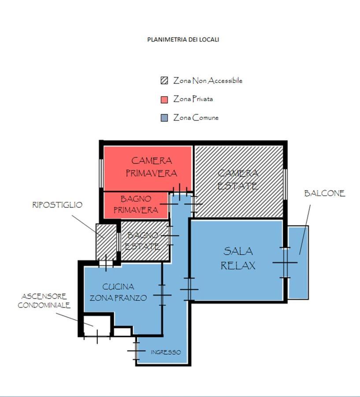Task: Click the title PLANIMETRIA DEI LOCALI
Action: (183, 40)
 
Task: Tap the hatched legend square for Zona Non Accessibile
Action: (164, 81)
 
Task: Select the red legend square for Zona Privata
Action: (164, 100)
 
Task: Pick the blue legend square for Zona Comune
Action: (164, 118)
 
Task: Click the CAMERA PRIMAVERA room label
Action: (151, 167)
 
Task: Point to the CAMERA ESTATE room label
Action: (238, 180)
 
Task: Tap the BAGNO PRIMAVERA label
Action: (136, 204)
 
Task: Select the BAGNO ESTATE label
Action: (143, 241)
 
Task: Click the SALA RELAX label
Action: (238, 258)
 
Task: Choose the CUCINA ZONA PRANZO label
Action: (118, 292)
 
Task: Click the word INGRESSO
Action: (166, 352)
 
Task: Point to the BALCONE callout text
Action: (325, 194)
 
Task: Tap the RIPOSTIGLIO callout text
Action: (57, 205)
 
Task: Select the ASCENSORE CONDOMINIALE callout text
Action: (44, 301)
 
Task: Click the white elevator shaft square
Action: (97, 326)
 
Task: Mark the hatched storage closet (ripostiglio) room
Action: (106, 242)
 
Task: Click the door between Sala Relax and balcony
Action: (285, 262)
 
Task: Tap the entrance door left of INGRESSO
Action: (136, 351)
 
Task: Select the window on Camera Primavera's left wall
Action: (101, 173)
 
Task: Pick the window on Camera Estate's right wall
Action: (285, 184)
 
